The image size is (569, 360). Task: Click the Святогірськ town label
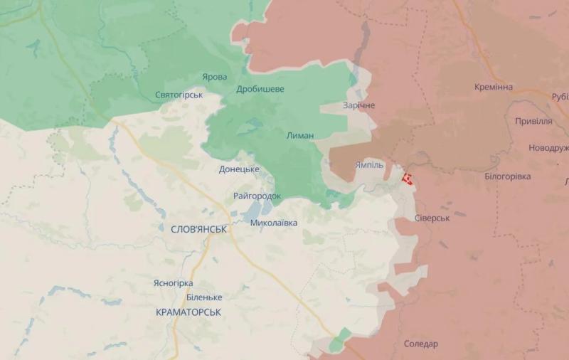pos(179,95)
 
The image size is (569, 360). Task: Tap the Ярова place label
pos(214,77)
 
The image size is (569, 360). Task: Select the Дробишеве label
pos(260,89)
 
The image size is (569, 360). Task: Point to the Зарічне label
pos(358,105)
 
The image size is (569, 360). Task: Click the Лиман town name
pos(299,135)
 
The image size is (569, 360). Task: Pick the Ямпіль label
pos(368,164)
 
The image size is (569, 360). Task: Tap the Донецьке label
pos(238,169)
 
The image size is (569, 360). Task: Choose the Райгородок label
pos(257,196)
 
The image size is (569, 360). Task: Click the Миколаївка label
pos(274,223)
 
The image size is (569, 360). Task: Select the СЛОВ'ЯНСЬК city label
pos(199,229)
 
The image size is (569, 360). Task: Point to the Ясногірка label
pos(173,283)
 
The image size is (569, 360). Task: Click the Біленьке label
pos(203,297)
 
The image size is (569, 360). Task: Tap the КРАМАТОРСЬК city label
pos(188,312)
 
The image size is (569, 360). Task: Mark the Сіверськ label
pos(431,218)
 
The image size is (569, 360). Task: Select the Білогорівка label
pos(507,176)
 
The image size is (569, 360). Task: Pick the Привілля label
pos(533,121)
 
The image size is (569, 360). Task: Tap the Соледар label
pos(420,344)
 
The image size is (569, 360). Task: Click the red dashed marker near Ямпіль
pos(408,179)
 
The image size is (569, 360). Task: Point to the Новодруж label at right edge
pos(548,148)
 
